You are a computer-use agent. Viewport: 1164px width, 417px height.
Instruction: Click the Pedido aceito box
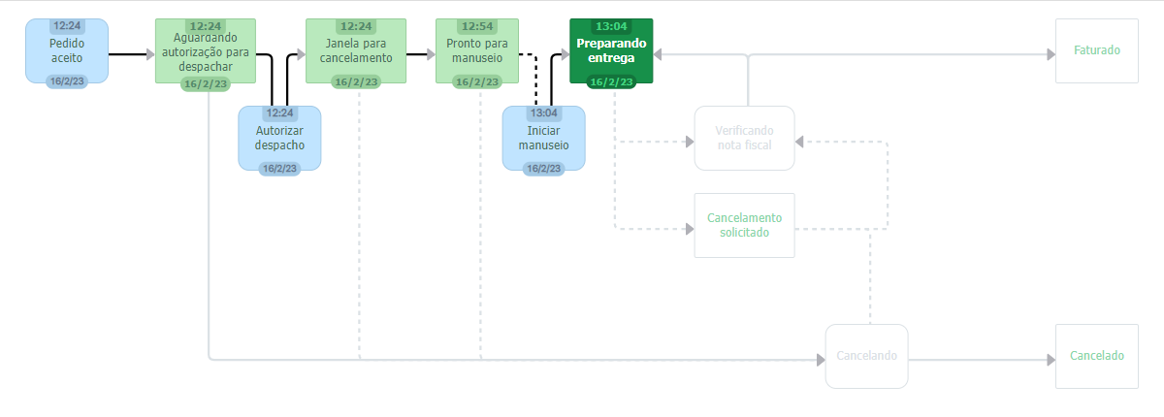tap(67, 51)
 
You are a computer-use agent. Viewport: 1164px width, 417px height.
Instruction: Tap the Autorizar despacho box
tap(279, 138)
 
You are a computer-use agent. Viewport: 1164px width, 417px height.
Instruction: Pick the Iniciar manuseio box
tap(543, 138)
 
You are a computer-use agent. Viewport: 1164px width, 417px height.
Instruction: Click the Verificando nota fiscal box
tap(744, 138)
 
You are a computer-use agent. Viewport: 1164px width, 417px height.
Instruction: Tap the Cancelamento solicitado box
tap(744, 225)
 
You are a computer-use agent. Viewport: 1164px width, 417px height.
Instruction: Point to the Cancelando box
tap(866, 356)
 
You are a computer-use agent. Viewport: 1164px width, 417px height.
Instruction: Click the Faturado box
tap(1097, 50)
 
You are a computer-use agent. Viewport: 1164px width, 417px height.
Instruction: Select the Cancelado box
tap(1097, 356)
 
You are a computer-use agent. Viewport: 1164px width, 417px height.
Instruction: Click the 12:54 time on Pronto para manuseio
tap(476, 25)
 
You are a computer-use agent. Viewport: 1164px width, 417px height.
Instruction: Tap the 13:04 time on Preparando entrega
tap(612, 25)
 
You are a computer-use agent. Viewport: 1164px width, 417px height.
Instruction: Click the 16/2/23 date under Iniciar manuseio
tap(543, 168)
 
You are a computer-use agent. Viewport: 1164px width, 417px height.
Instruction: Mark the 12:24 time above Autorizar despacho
tap(279, 112)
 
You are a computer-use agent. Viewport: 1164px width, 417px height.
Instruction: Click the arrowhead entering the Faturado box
tap(1050, 55)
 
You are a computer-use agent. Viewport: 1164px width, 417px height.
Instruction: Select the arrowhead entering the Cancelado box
tap(1050, 360)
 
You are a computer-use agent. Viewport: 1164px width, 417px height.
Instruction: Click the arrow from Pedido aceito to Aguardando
tap(131, 55)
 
